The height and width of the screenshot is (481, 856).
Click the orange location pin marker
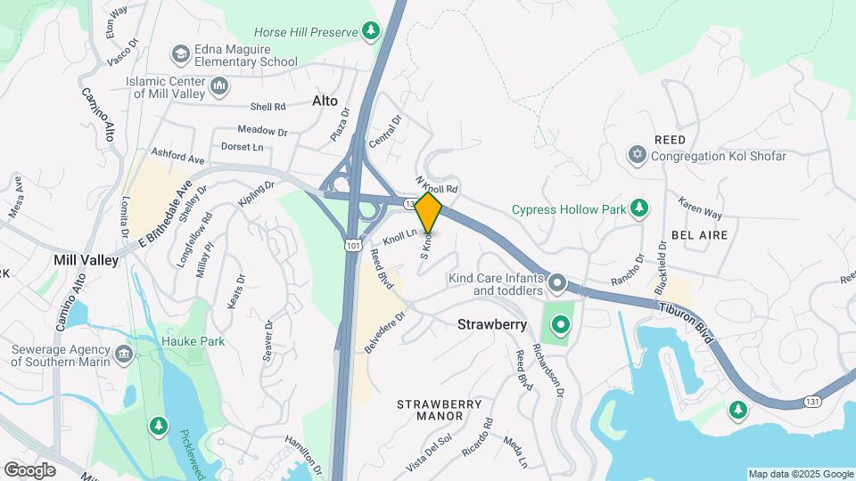[429, 213]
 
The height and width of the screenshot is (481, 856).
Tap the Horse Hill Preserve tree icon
[371, 31]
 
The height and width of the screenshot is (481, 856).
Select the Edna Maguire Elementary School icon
[181, 54]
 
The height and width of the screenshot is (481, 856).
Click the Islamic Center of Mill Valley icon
[219, 86]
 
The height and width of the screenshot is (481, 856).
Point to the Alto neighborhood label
[325, 101]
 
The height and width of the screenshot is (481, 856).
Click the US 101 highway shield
[354, 243]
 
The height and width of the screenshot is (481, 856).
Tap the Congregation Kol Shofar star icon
[637, 156]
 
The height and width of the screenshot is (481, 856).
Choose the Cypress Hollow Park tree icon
[638, 208]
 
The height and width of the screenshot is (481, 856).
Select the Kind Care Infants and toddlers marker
[557, 283]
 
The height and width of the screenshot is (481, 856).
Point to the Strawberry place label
[492, 324]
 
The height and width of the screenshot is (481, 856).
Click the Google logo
[29, 469]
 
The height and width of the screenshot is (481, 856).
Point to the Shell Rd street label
[267, 107]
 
